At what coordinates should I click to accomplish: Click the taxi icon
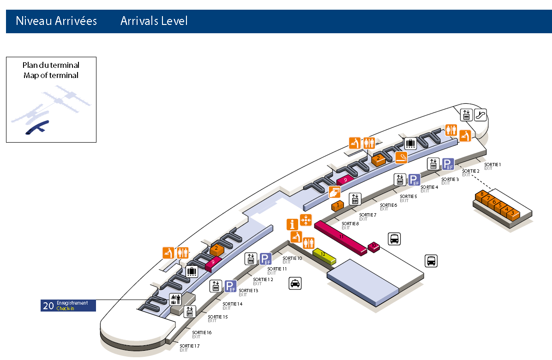295,283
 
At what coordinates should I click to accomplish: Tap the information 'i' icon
292,225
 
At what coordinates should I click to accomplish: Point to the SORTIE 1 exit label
492,165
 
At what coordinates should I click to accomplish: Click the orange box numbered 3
513,214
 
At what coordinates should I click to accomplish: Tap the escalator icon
480,115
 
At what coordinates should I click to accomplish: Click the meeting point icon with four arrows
306,220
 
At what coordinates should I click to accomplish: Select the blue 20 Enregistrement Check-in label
68,306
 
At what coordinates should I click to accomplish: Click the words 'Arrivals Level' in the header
154,21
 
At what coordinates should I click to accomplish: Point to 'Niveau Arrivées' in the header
56,21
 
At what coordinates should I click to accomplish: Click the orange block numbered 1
338,205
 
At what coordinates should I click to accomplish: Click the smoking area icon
402,157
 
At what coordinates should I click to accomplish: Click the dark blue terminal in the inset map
37,127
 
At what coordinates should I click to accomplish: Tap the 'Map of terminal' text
51,75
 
